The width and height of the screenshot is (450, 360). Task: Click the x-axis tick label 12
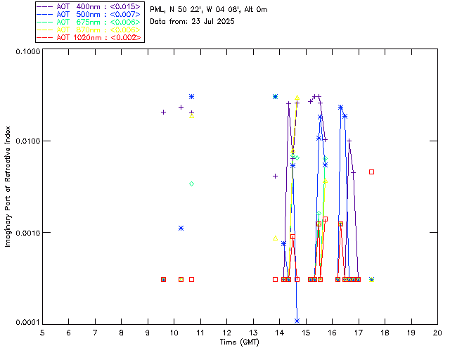point(226,332)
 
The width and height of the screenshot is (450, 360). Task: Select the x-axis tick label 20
point(437,332)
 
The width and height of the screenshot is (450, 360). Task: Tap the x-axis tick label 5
point(42,332)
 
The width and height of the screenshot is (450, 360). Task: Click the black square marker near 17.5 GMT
point(372,172)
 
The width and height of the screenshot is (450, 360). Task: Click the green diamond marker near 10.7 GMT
point(191,184)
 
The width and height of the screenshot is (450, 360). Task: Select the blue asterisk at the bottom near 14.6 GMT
point(297,321)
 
